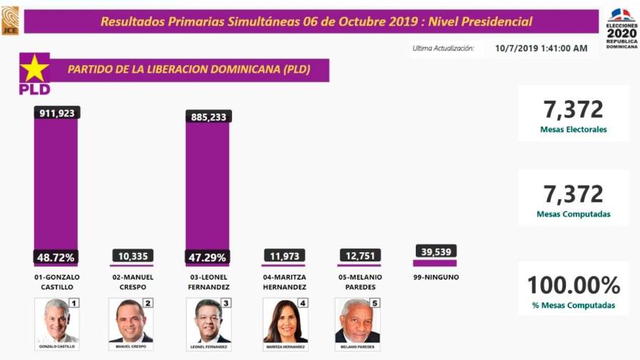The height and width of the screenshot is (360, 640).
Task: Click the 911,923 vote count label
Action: (56, 113)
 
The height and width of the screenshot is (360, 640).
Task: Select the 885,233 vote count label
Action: (208, 116)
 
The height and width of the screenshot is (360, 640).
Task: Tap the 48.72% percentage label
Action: (56, 256)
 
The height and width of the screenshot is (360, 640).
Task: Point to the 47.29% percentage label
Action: (208, 256)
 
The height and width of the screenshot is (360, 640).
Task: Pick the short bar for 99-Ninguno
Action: (434, 263)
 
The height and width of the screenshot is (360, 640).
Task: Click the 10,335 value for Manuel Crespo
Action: (131, 256)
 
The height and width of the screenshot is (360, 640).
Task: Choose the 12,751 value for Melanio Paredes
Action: (359, 256)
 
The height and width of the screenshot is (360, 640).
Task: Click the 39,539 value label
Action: (434, 251)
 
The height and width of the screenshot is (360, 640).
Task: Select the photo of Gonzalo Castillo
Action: (56, 321)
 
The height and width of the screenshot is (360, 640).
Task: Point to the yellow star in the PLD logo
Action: (34, 68)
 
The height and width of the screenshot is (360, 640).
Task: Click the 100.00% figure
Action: (573, 286)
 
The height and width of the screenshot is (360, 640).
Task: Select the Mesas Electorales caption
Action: (574, 130)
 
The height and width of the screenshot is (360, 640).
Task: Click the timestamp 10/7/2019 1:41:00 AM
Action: (541, 49)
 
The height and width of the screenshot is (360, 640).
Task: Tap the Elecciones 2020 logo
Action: (621, 29)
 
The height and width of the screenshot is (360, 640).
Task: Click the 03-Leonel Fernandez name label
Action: (208, 281)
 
